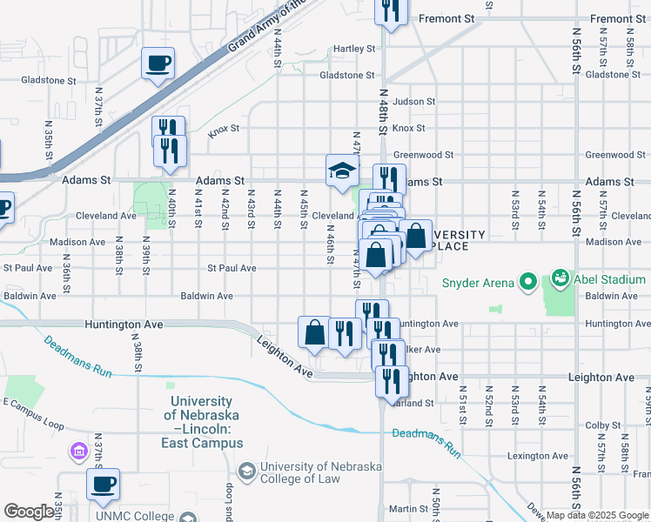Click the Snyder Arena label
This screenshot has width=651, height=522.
coord(479,282)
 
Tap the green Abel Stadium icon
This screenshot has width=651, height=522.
coord(560,279)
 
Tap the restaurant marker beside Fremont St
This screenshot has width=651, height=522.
coord(392,10)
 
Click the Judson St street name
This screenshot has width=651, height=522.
coord(413,101)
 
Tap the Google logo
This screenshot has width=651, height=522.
coord(29,511)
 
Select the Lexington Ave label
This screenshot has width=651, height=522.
coord(538,456)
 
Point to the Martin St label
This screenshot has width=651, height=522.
coord(405,509)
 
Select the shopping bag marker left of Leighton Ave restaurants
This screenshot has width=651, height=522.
coord(314,331)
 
